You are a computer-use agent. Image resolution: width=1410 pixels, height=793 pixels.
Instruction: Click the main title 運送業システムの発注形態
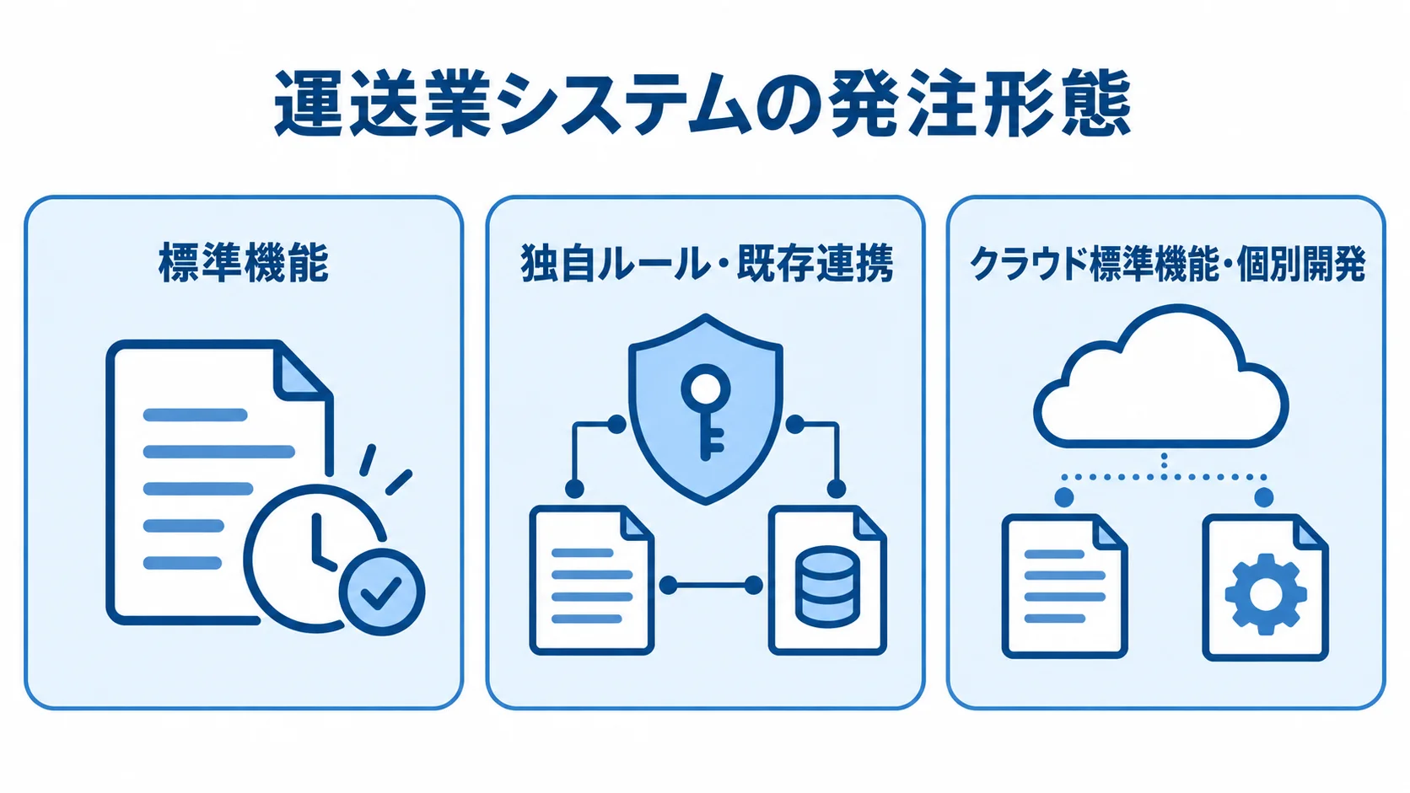coord(702,104)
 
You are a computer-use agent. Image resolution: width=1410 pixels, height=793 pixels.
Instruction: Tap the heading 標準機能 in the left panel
coord(244,263)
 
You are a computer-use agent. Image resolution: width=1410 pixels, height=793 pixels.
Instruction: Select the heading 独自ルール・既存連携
coord(706,263)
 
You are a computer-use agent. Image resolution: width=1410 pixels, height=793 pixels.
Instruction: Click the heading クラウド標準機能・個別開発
coord(1167,264)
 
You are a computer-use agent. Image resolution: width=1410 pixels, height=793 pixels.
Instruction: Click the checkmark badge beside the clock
coord(381,592)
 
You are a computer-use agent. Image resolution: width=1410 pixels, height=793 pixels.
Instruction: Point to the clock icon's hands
coord(321,542)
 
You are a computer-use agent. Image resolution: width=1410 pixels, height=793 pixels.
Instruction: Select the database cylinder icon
coord(827,587)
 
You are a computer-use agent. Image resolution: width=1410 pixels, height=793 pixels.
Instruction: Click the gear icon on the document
coord(1265,594)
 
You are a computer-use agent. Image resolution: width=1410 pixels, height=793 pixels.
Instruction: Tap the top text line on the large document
coord(195,415)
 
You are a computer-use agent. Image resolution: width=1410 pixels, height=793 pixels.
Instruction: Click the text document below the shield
coord(592,580)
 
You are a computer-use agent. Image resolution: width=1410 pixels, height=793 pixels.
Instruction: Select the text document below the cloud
coord(1064,586)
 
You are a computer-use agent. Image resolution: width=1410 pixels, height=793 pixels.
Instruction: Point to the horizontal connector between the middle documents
coord(711,586)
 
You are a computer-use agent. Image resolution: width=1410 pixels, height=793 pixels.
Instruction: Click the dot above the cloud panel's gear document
coord(1263,497)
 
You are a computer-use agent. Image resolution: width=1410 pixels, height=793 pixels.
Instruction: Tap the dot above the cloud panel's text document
coord(1063,497)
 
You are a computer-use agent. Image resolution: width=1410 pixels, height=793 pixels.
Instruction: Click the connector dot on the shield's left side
coord(617,425)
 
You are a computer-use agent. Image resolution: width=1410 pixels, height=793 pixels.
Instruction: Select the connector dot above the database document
coord(836,489)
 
